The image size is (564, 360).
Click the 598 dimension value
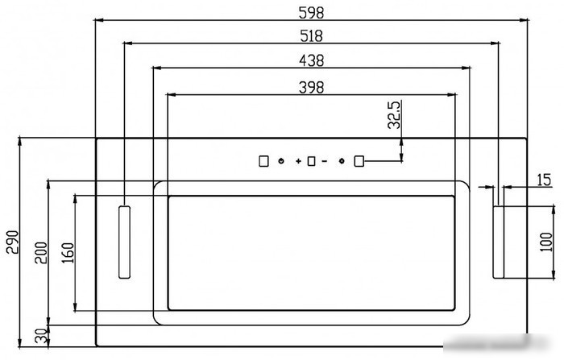point(312,13)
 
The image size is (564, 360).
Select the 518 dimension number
point(312,36)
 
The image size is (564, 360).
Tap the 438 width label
point(312,60)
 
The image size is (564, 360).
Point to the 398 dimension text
point(312,88)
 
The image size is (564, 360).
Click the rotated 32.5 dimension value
point(394,114)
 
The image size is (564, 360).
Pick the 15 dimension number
point(544,180)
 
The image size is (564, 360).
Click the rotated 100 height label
point(546,242)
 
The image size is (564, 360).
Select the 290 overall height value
point(12,242)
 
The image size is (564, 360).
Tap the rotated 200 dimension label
point(41,252)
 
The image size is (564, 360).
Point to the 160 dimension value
point(68,252)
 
